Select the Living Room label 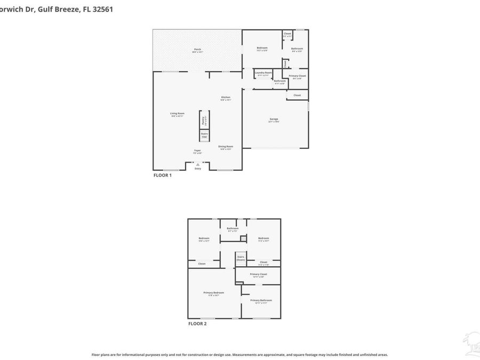177,114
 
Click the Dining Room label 226,147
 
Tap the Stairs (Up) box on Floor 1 204,135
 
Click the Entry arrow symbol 198,165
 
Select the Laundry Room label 263,73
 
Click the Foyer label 197,151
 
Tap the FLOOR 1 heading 162,175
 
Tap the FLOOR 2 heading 197,324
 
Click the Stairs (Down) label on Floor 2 241,258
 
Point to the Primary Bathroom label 261,301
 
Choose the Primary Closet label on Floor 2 258,275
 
